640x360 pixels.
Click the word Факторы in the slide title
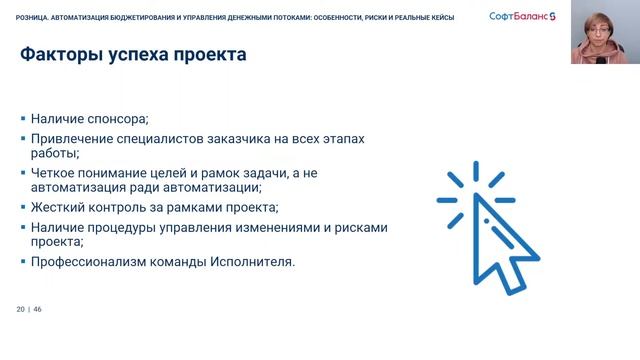59,55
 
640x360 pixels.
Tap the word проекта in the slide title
207,55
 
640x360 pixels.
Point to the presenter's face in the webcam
604,29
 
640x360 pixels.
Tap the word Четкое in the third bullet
55,173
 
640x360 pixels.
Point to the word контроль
125,208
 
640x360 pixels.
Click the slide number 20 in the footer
20,309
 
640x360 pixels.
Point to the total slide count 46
38,309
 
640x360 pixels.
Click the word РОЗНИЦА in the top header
35,16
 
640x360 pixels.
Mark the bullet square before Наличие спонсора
23,118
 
